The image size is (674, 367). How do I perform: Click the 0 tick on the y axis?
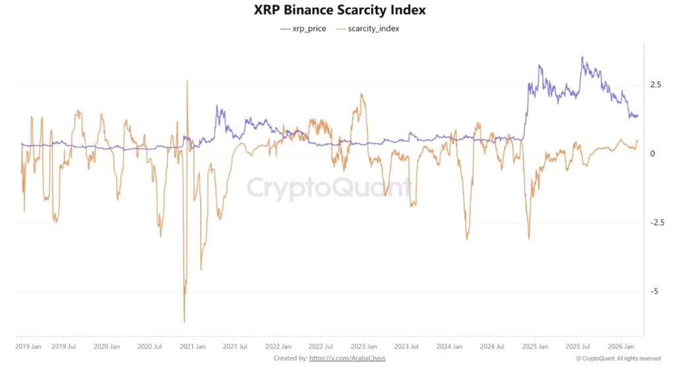652,154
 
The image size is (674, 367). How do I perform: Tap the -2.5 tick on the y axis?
656,223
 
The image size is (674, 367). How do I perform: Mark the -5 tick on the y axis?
653,291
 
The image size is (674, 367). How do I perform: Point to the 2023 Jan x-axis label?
363,345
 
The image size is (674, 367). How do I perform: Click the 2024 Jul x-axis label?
492,345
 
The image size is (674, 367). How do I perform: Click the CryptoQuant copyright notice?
618,358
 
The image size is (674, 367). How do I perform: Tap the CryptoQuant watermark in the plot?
328,188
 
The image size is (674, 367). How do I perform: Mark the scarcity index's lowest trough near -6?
184,322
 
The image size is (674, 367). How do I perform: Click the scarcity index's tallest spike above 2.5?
187,81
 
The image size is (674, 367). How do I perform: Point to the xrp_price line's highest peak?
582,57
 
